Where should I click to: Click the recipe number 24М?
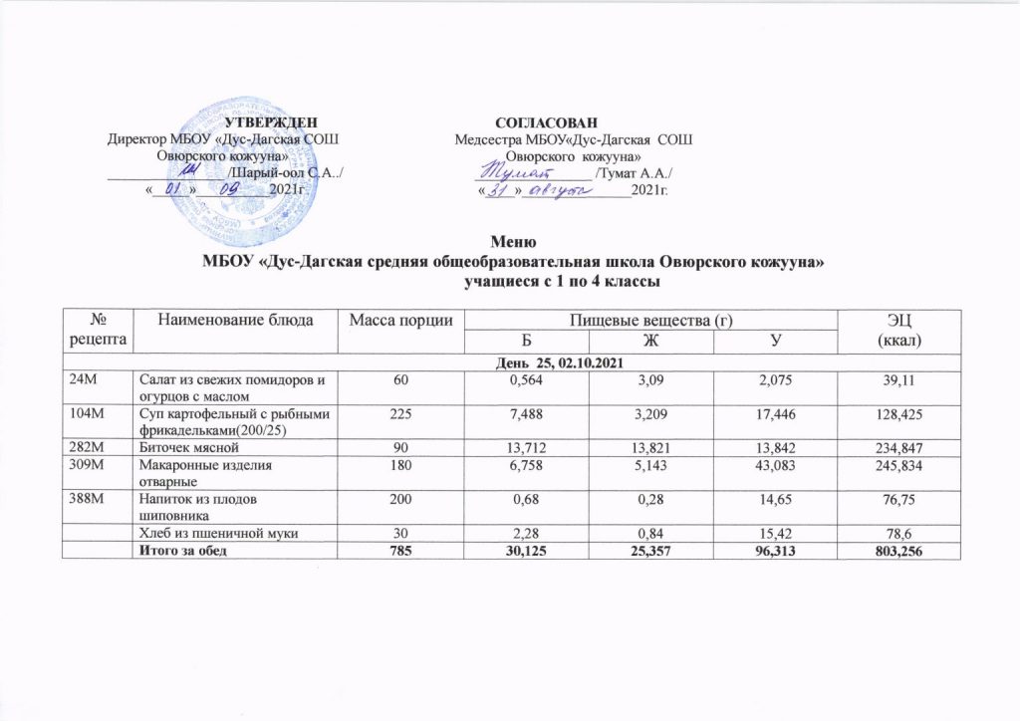point(84,379)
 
